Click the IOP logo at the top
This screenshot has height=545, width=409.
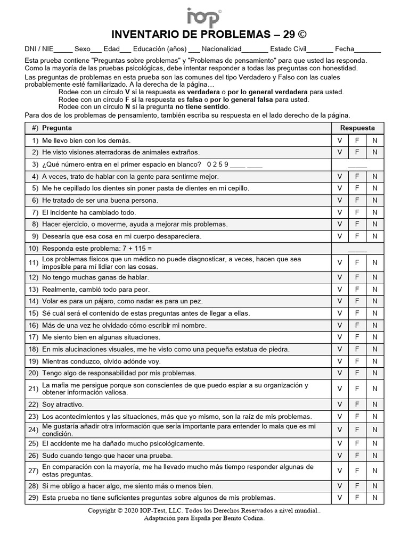(204, 16)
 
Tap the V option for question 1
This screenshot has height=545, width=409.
(339, 141)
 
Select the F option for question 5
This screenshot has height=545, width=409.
(357, 188)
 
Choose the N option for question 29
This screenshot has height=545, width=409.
(375, 498)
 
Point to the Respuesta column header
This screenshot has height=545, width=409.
(357, 128)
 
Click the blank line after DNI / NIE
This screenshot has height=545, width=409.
(63, 49)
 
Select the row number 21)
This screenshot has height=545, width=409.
(34, 389)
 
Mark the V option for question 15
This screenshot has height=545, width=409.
(339, 313)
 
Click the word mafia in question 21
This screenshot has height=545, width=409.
(63, 385)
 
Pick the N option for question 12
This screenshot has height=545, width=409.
(375, 278)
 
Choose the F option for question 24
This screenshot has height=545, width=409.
(357, 430)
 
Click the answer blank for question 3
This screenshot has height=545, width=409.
(357, 164)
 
